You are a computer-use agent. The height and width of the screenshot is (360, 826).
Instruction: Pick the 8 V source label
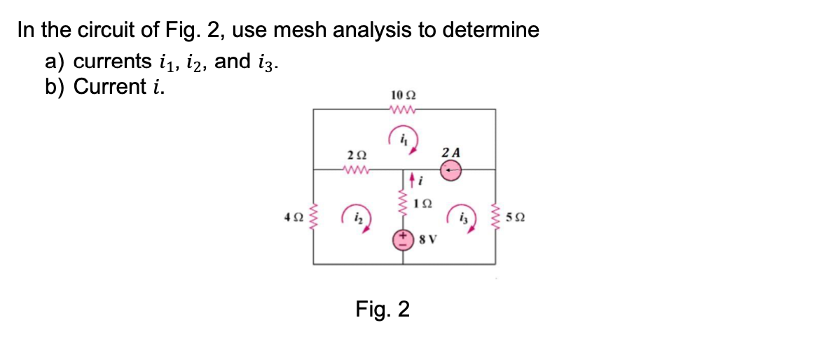coord(427,240)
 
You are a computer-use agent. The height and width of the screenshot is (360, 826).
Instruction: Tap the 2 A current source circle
coord(452,169)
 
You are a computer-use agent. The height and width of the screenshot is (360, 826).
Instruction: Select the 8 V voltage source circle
coord(403,240)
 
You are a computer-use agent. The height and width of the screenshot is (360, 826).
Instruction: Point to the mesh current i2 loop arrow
coord(353,216)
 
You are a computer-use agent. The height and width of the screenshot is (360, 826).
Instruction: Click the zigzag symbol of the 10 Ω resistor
coord(403,109)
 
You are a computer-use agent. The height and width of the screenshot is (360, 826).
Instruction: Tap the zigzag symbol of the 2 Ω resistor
coord(355,169)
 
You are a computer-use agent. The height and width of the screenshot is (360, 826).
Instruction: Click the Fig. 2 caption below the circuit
coord(383,308)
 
